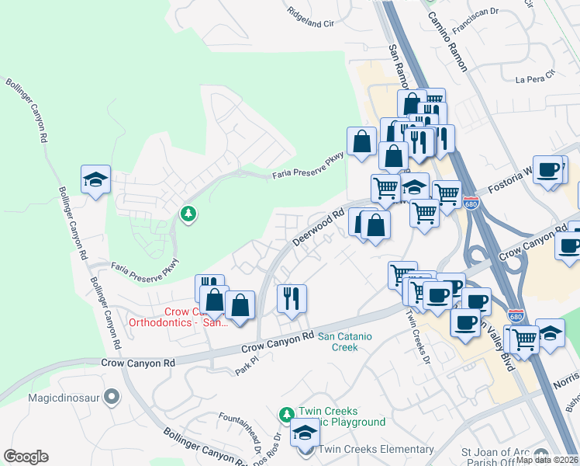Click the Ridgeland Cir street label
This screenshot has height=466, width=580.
(310, 18)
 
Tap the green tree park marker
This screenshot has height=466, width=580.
(187, 213)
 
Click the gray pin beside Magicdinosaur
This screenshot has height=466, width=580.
(112, 397)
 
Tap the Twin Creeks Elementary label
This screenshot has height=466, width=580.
(377, 450)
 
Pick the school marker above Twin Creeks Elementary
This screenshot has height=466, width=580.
(305, 432)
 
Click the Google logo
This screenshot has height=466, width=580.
(26, 457)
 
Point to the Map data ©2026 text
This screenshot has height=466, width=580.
(547, 460)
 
